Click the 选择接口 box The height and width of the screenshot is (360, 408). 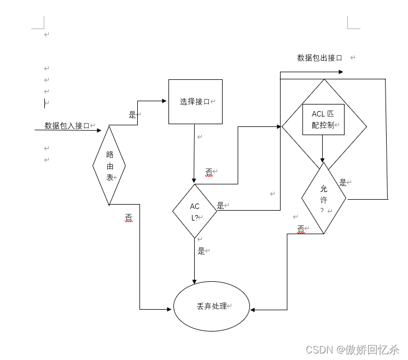[x=195, y=102]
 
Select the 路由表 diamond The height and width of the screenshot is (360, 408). [x=109, y=165]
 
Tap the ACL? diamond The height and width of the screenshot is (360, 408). [x=195, y=211]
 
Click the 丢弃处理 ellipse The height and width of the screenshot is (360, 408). [x=212, y=306]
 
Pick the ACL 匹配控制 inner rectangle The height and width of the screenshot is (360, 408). [x=323, y=119]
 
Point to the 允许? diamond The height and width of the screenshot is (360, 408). [x=323, y=198]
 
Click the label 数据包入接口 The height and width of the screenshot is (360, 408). [x=67, y=125]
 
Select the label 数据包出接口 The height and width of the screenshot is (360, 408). [x=319, y=57]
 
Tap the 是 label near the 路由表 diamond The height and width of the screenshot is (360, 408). [x=132, y=115]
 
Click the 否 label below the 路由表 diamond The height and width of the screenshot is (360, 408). [x=129, y=217]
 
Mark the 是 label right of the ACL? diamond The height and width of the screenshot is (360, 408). [x=220, y=206]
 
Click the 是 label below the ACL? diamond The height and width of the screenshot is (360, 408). [x=201, y=251]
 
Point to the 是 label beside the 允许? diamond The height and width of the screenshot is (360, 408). [x=343, y=183]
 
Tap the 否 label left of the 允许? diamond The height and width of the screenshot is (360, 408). [x=300, y=228]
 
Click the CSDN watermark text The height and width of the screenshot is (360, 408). [x=352, y=349]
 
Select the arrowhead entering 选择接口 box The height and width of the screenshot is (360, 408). [x=165, y=101]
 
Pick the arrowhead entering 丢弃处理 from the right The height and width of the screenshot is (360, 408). [x=253, y=310]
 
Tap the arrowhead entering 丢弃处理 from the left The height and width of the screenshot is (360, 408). [x=169, y=309]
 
